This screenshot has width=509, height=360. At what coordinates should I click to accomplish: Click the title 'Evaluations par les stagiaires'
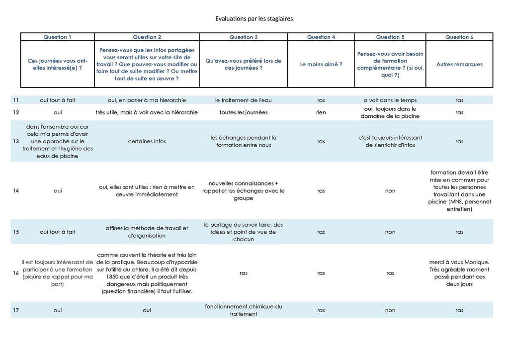tap(254, 19)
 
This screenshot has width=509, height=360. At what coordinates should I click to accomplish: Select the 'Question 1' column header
tap(57, 37)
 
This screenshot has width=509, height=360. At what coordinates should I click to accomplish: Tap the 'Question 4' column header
tap(321, 37)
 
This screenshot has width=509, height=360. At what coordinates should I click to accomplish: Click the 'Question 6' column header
tap(459, 37)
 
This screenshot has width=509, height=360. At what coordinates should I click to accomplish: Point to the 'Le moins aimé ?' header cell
tap(321, 64)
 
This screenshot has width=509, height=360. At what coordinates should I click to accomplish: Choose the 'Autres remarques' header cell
tap(459, 64)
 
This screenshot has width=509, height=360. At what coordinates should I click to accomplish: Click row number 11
tap(16, 100)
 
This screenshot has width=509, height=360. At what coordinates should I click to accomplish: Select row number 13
tap(16, 141)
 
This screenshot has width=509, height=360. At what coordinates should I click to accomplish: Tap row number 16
tap(16, 273)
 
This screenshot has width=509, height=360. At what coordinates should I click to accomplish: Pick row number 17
tap(16, 310)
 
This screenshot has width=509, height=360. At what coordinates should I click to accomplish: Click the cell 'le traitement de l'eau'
tap(243, 100)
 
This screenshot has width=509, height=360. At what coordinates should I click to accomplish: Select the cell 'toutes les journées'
tap(243, 112)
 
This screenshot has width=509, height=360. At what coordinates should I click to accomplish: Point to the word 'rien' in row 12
tap(321, 112)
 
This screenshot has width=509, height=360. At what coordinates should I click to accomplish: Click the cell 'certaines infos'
tap(147, 141)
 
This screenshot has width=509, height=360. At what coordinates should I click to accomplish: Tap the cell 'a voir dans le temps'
tap(390, 100)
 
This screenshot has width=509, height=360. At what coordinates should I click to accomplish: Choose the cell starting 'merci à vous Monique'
tap(459, 273)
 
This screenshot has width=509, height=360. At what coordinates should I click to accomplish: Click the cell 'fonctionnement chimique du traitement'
tap(243, 310)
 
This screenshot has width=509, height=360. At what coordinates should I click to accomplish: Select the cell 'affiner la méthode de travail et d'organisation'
tap(147, 232)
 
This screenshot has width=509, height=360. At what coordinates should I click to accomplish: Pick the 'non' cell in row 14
tap(390, 190)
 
